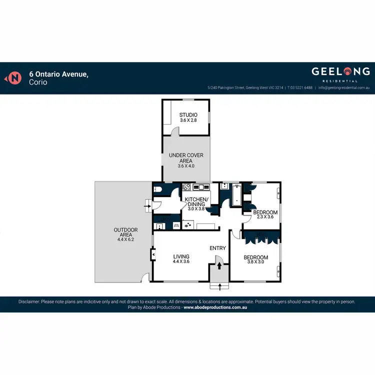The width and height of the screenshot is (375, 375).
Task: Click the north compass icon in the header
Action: (15, 78)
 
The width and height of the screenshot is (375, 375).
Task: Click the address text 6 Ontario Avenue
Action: (58, 74)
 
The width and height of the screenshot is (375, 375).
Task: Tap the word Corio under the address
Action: (38, 82)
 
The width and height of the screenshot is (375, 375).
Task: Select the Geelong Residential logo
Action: (341, 73)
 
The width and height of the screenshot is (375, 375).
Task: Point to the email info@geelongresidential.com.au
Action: (344, 87)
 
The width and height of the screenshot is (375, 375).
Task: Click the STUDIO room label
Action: (188, 115)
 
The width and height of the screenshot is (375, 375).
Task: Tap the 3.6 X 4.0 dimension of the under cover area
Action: (185, 166)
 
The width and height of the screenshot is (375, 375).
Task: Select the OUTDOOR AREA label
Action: (125, 230)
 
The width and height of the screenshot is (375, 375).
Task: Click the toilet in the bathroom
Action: (157, 189)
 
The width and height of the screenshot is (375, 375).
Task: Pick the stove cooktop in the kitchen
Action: (186, 187)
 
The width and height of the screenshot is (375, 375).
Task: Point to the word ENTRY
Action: (217, 248)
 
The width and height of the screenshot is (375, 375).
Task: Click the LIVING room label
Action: (180, 256)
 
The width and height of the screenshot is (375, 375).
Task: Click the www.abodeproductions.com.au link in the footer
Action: (215, 307)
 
